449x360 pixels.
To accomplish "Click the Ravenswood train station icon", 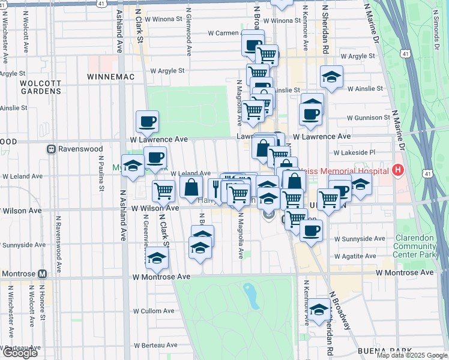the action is [52, 148].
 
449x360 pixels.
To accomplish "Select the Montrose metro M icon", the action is [42, 273].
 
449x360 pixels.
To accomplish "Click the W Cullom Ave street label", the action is [154, 311].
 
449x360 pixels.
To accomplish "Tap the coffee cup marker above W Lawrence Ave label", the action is [147, 122].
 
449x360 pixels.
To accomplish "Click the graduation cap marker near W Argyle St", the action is [331, 77].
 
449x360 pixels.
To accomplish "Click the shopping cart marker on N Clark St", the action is [163, 191].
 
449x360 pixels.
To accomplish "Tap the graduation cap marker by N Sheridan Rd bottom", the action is [319, 310].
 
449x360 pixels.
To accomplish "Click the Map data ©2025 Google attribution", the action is [412, 355].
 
